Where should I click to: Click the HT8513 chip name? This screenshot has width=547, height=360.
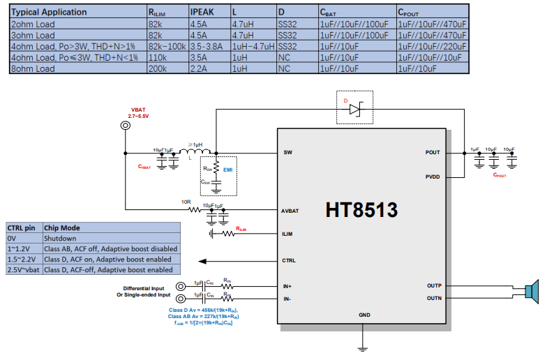tap(361, 210)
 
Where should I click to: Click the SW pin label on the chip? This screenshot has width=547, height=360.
tap(287, 153)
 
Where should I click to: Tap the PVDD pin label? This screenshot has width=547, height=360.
tap(433, 177)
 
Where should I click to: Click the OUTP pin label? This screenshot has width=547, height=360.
tap(433, 286)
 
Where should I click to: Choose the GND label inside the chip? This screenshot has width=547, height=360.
tap(364, 315)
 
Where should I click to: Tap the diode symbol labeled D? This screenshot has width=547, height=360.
tap(356, 109)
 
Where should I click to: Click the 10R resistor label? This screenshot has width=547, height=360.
tap(185, 202)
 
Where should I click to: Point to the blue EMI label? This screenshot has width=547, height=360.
tap(227, 170)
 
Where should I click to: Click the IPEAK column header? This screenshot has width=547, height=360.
tap(203, 12)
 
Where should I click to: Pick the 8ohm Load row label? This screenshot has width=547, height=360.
tap(33, 69)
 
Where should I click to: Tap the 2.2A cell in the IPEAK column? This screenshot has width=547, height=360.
tap(198, 69)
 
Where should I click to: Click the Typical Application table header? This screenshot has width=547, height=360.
tap(49, 12)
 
